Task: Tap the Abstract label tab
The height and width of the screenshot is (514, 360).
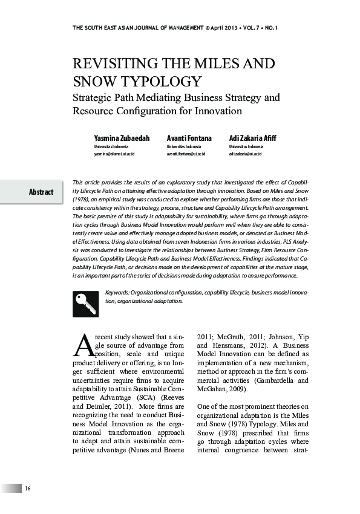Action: tap(41, 192)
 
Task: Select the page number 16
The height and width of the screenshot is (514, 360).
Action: tap(28, 489)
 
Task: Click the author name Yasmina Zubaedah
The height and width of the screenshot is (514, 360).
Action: tap(122, 138)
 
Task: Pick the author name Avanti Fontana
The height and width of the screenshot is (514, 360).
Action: tap(189, 138)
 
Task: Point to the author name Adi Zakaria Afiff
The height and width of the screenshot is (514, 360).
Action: tap(252, 138)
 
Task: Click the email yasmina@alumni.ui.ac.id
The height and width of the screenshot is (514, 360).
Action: tap(114, 154)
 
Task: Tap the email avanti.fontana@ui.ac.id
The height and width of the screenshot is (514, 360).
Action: tap(186, 154)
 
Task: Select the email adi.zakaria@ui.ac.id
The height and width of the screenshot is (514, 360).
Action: tap(246, 154)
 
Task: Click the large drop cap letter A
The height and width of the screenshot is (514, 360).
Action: tap(83, 346)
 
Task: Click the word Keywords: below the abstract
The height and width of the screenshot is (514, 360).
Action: tap(117, 293)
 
